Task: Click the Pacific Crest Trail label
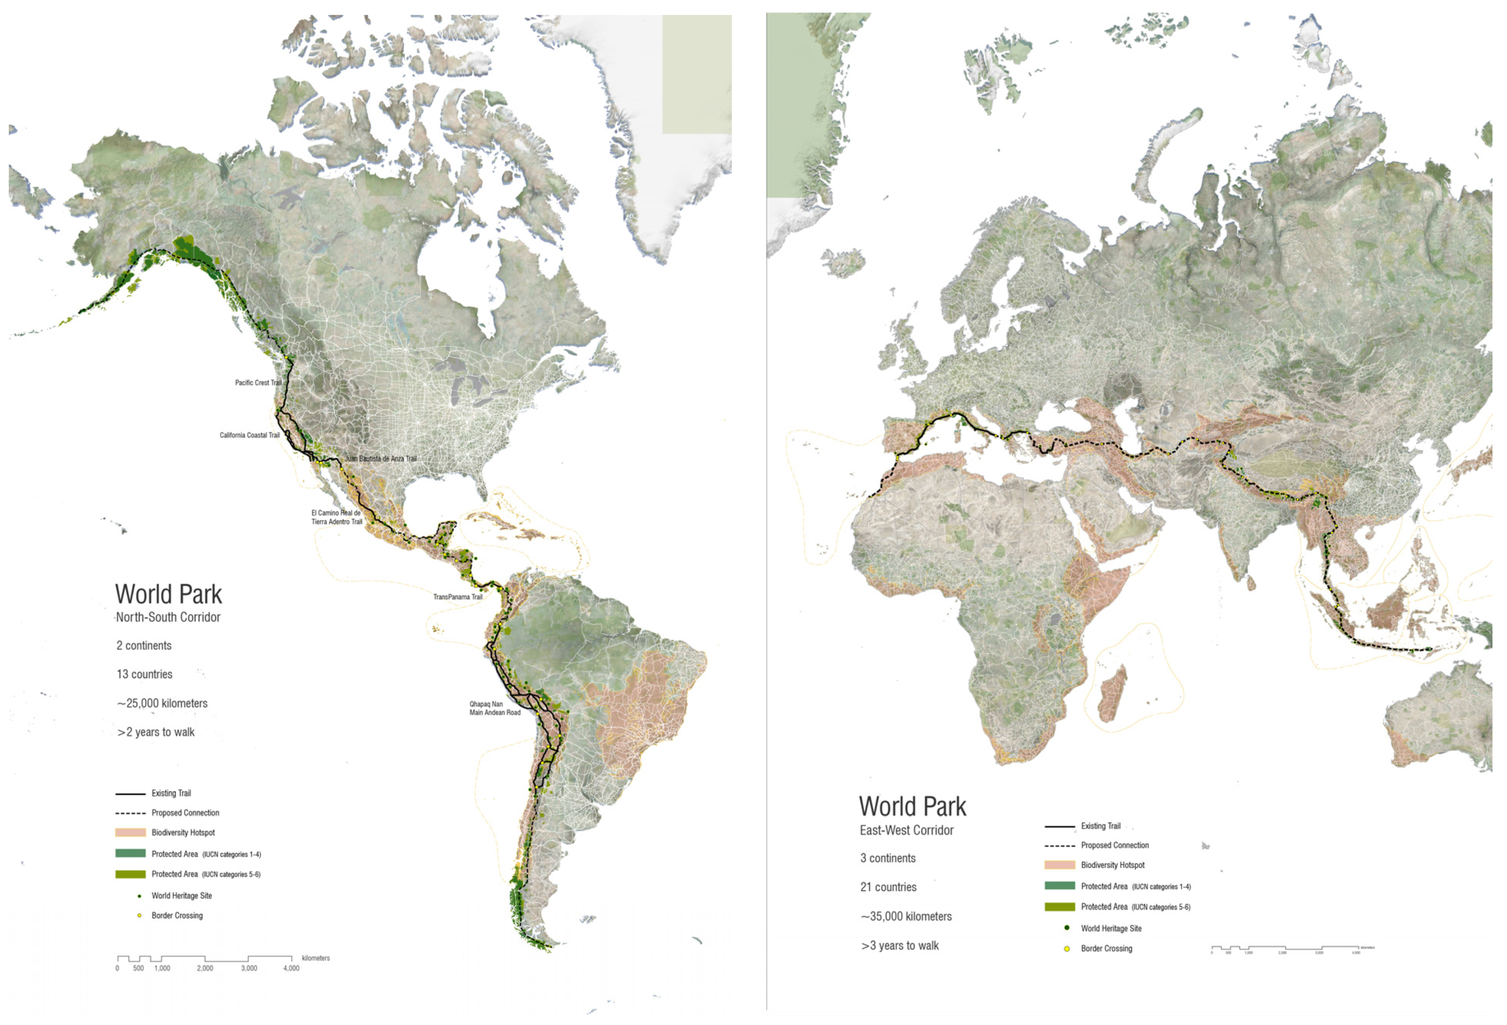258,382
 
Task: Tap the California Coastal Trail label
250,435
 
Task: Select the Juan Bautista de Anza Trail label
381,458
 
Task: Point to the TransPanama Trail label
457,596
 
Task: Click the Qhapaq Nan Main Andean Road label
495,708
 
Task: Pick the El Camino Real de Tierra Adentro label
337,517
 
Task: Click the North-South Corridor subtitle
168,617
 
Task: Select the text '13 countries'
145,674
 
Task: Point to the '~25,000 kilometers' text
162,703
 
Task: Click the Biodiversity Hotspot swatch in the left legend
130,833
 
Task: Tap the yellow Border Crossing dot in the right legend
1067,948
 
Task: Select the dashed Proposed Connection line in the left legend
130,813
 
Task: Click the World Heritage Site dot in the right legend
1067,928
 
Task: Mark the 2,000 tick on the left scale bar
205,968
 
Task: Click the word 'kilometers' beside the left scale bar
316,958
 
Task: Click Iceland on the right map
843,263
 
